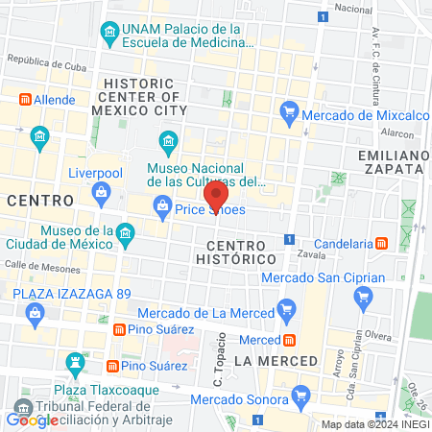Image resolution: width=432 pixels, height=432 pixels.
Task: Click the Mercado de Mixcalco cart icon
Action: (x=288, y=113)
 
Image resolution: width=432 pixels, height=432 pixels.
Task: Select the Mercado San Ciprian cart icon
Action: (x=362, y=298)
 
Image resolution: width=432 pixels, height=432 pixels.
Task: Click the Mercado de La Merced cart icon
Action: (x=285, y=309)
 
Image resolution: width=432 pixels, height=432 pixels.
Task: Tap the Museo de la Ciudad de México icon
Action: (x=125, y=233)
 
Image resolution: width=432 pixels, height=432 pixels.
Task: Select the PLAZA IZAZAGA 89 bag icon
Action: (x=36, y=313)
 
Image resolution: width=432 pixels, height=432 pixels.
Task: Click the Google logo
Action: (x=32, y=420)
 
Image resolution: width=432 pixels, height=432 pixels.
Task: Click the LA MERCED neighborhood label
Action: (x=276, y=360)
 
